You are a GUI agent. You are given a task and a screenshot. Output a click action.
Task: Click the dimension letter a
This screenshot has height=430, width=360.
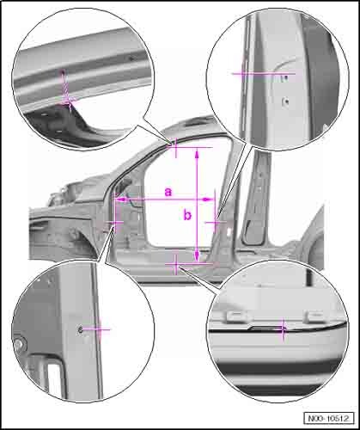point(168,192)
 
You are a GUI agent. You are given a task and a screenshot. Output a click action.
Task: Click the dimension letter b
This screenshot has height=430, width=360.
point(187,214)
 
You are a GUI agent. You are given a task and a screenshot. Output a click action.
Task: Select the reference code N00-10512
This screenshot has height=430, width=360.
point(329,418)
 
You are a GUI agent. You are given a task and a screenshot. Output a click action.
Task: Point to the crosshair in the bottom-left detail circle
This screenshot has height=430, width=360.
point(99,329)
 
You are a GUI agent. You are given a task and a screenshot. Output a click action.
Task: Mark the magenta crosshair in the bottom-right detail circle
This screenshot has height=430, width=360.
point(283,329)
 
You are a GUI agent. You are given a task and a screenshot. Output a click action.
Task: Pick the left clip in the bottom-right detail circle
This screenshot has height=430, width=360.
point(237,316)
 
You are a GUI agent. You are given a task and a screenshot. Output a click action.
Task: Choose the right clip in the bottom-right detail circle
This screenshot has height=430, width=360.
point(315,316)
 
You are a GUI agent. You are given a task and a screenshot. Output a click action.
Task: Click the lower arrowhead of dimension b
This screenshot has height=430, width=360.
point(197,256)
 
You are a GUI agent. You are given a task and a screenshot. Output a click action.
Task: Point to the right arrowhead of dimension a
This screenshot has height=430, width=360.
point(209,200)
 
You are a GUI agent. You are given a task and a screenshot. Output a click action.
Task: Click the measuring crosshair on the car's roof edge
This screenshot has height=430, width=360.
point(175,146)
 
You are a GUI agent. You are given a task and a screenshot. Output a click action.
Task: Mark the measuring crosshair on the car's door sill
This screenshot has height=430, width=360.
point(176,264)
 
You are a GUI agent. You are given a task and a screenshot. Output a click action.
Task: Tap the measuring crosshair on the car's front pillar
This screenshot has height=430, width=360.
point(115,222)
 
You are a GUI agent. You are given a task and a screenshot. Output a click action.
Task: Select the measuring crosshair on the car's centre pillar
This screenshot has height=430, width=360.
point(216,222)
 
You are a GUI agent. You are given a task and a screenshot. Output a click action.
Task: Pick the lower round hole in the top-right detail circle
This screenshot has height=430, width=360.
point(286,101)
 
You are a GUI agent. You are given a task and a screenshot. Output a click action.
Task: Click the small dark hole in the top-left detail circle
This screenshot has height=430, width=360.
point(131,58)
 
